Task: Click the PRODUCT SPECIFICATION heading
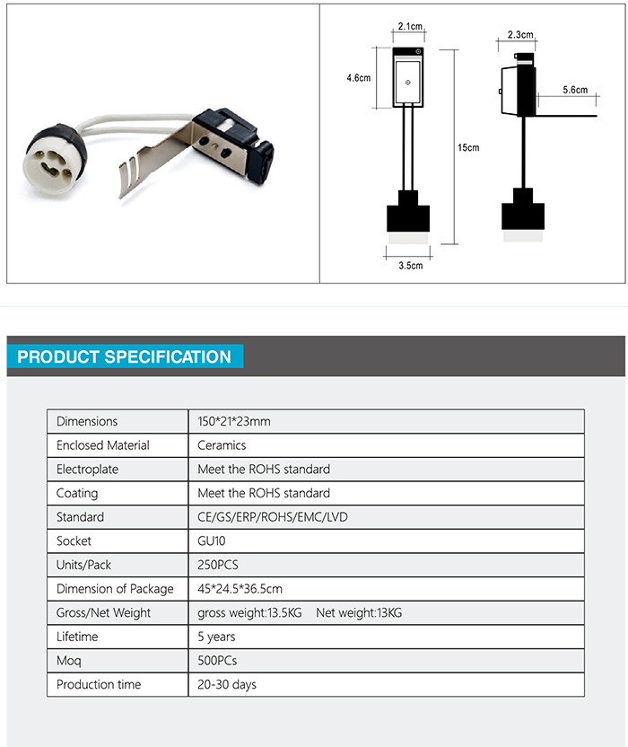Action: pyautogui.click(x=124, y=356)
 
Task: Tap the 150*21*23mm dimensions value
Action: pyautogui.click(x=234, y=421)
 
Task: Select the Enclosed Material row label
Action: pyautogui.click(x=103, y=445)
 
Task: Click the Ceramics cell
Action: pyautogui.click(x=222, y=445)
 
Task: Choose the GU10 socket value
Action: pyautogui.click(x=213, y=541)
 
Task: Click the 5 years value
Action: pyautogui.click(x=216, y=637)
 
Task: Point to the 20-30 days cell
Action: pyautogui.click(x=227, y=684)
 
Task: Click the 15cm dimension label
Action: pyautogui.click(x=467, y=147)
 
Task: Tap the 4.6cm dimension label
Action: pyautogui.click(x=359, y=78)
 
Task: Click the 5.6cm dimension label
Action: pyautogui.click(x=575, y=90)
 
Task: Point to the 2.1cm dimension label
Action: pyautogui.click(x=408, y=26)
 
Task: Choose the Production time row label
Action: pyautogui.click(x=99, y=684)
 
